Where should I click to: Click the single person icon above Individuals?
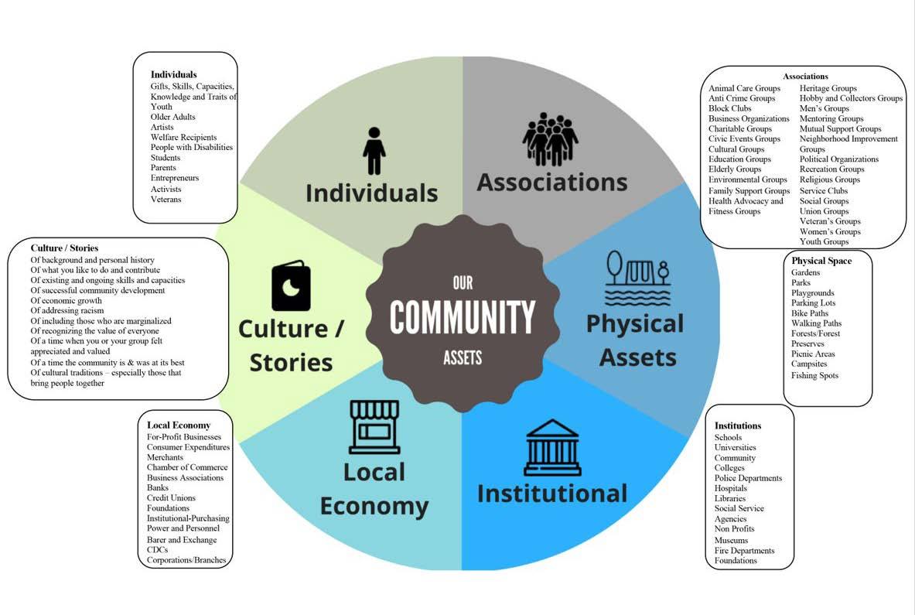(374, 151)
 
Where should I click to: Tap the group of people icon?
(550, 139)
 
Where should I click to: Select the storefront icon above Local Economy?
(374, 426)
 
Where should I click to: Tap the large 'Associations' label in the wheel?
(551, 182)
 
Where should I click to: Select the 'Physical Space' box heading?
(821, 261)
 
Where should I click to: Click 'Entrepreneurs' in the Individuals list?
(175, 178)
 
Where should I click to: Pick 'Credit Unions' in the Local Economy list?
(171, 498)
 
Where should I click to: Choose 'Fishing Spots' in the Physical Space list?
(814, 375)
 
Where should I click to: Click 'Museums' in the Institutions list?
(731, 540)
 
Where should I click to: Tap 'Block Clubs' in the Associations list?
(729, 108)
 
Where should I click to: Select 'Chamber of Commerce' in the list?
(187, 467)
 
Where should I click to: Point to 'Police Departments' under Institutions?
(748, 478)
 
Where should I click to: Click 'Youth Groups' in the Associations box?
(824, 241)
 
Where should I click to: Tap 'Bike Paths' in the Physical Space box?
(810, 313)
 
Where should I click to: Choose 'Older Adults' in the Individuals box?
(173, 117)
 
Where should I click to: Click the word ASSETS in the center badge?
(463, 357)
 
